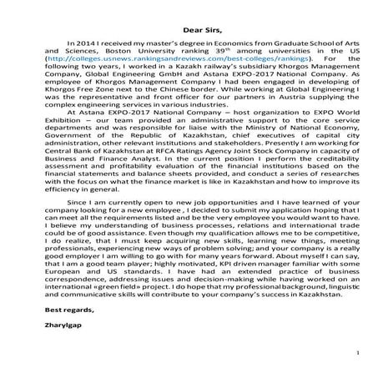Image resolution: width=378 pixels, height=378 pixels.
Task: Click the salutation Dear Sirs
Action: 190,30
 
